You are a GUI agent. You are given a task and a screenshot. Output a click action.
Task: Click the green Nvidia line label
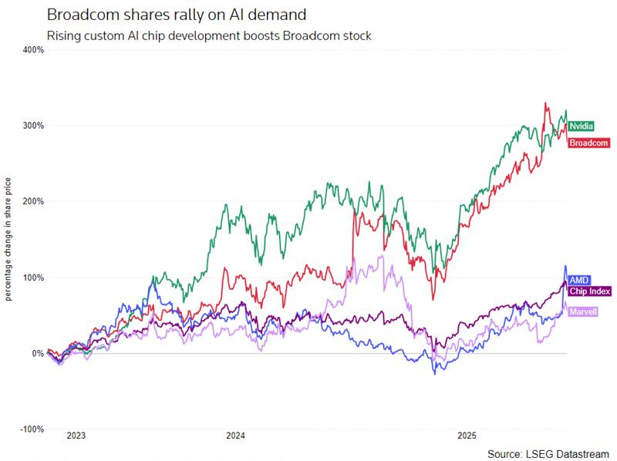pyautogui.click(x=581, y=125)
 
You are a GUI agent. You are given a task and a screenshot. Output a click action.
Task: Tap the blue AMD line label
pyautogui.click(x=578, y=280)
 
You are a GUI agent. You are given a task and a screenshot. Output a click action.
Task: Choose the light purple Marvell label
pyautogui.click(x=584, y=311)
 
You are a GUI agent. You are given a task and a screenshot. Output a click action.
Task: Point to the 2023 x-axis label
pyautogui.click(x=76, y=436)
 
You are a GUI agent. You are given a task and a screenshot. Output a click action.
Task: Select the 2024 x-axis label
pyautogui.click(x=235, y=436)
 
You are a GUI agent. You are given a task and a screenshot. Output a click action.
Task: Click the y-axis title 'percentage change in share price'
pyautogui.click(x=8, y=239)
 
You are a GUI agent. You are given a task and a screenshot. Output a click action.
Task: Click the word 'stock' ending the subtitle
pyautogui.click(x=356, y=35)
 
